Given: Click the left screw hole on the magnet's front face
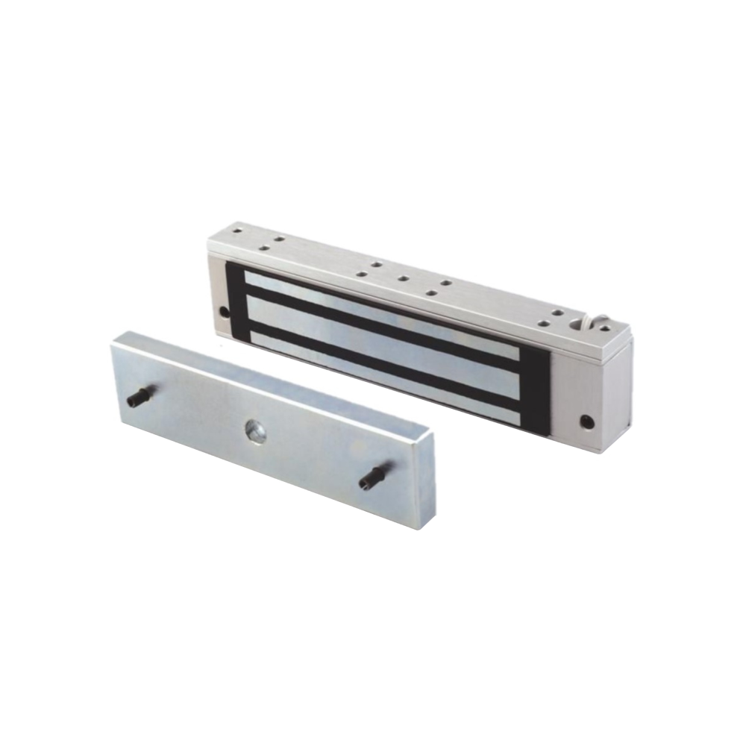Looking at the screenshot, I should pyautogui.click(x=223, y=311).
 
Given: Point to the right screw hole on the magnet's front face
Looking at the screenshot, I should pyautogui.click(x=587, y=422).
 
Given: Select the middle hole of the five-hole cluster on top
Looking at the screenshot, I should pyautogui.click(x=402, y=279).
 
